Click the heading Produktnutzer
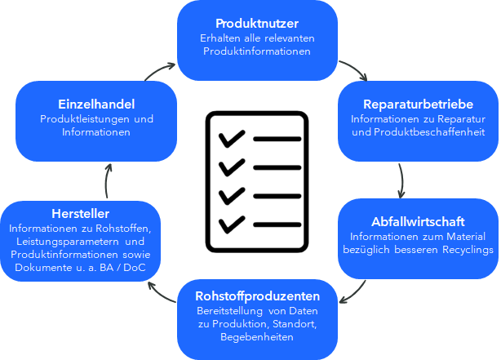[257, 24]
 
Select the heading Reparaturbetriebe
[419, 104]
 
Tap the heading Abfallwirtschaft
[418, 222]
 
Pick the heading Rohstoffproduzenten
[258, 296]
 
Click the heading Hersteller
[81, 214]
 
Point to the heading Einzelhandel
[96, 104]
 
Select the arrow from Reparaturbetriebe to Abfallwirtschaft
[402, 181]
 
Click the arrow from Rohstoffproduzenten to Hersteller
[160, 294]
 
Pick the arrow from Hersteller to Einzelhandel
[106, 181]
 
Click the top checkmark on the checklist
[232, 139]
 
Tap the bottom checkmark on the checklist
[232, 224]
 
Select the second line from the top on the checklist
[277, 167]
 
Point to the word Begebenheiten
[257, 337]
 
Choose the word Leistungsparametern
[68, 242]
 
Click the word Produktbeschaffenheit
[429, 132]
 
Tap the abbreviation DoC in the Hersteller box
[135, 268]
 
